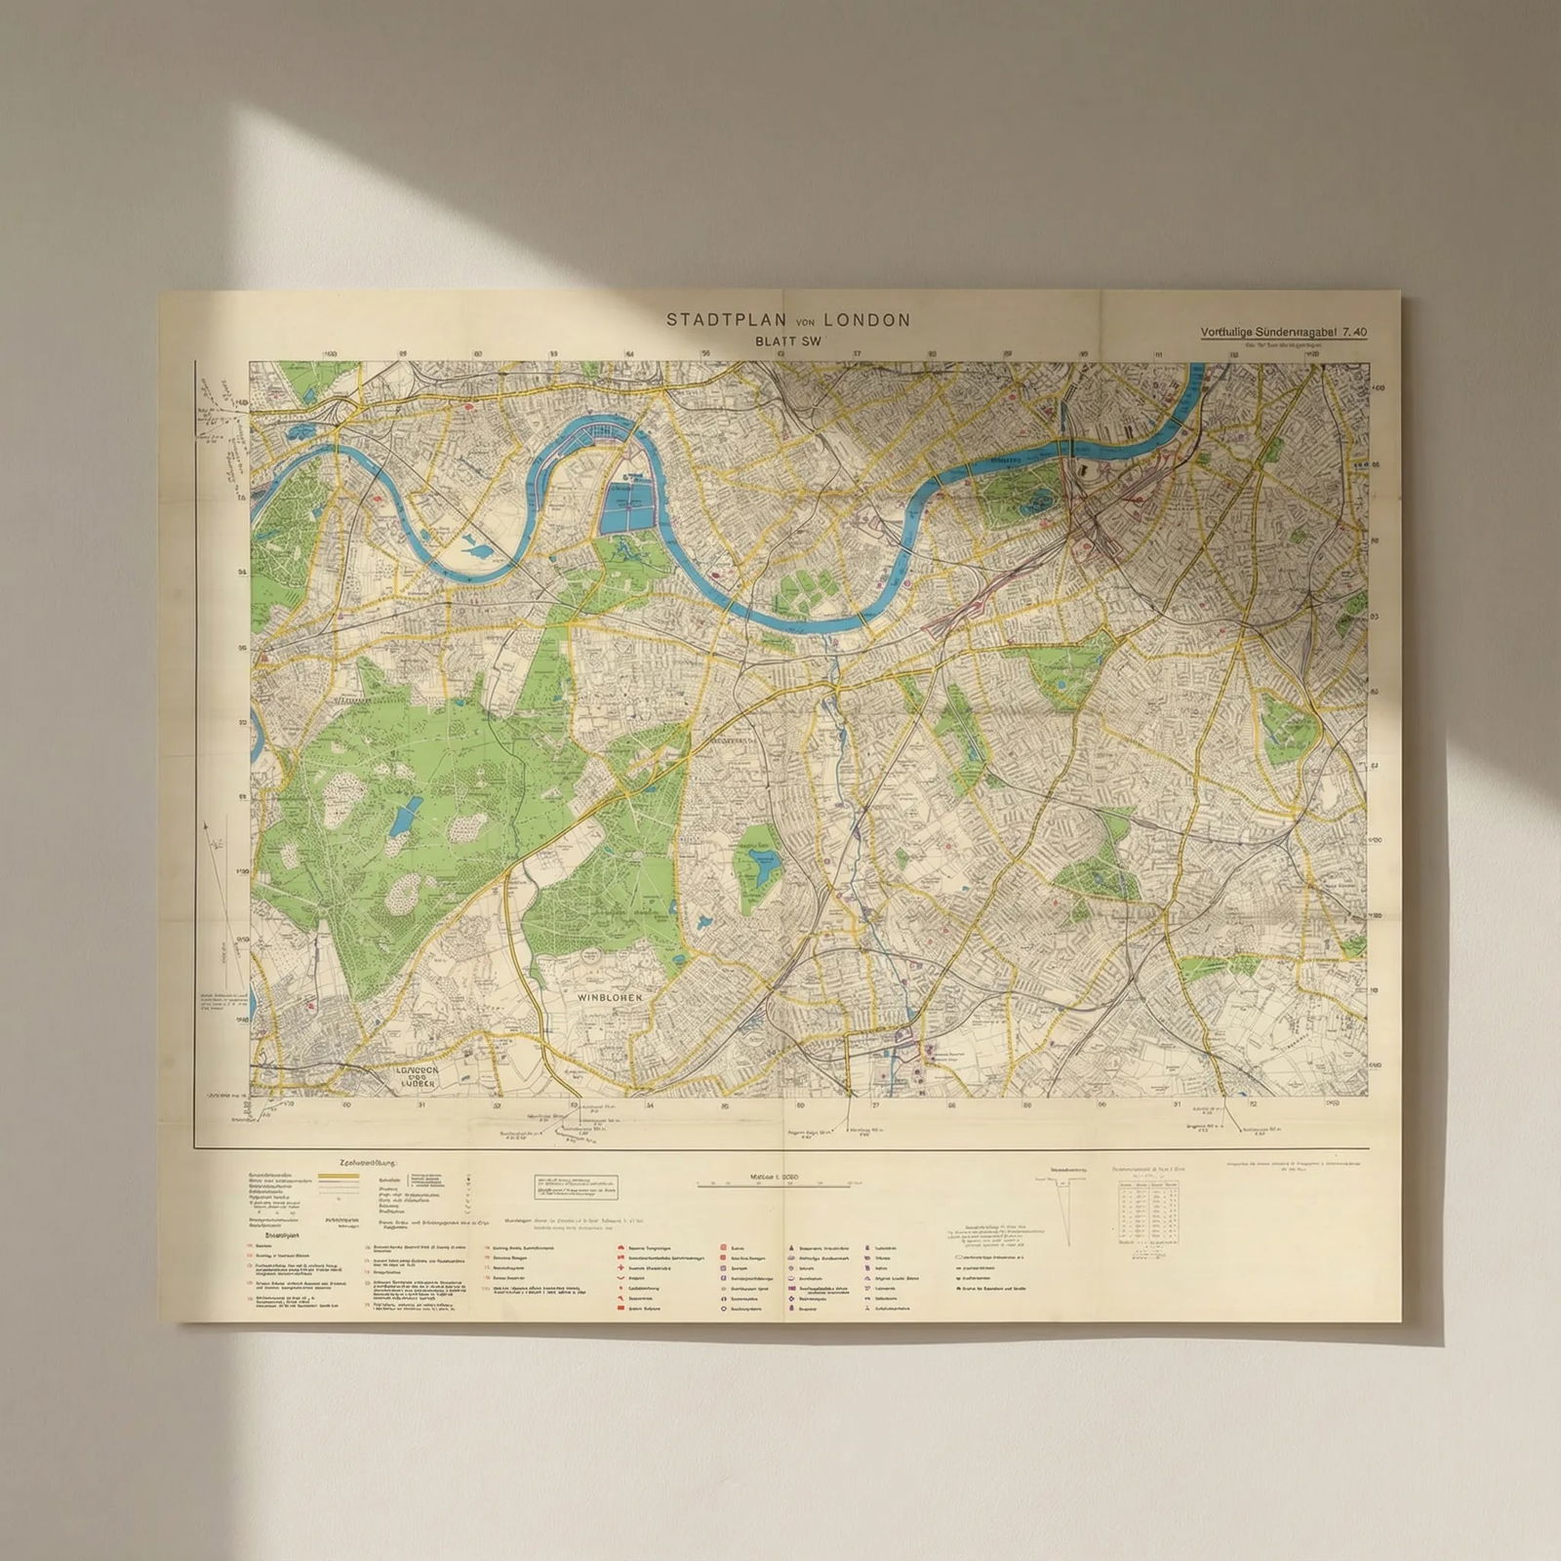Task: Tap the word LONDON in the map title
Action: coord(866,319)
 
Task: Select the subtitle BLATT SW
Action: coord(789,341)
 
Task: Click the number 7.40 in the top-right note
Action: coord(1353,332)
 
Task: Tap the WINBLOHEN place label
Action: coord(608,998)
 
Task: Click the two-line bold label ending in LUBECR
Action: coord(420,1076)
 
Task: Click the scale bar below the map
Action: coord(773,1184)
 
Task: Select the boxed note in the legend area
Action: coord(577,1186)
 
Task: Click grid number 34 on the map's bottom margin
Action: coord(650,1106)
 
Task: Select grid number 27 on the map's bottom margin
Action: coord(875,1106)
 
